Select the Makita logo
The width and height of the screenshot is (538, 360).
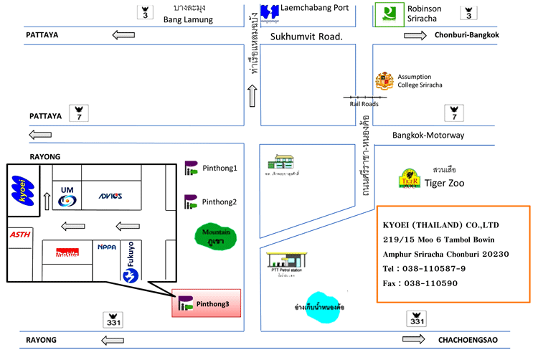pos(67,252)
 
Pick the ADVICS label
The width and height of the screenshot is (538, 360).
pos(110,196)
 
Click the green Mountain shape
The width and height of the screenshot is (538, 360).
pos(216,235)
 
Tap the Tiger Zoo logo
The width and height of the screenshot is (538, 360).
pos(410,178)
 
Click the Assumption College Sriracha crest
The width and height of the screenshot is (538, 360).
pos(385,80)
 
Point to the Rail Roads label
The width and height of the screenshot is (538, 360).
pos(364,103)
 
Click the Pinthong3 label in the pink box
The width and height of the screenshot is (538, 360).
pos(214,304)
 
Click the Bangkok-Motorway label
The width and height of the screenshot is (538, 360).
pos(428,136)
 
